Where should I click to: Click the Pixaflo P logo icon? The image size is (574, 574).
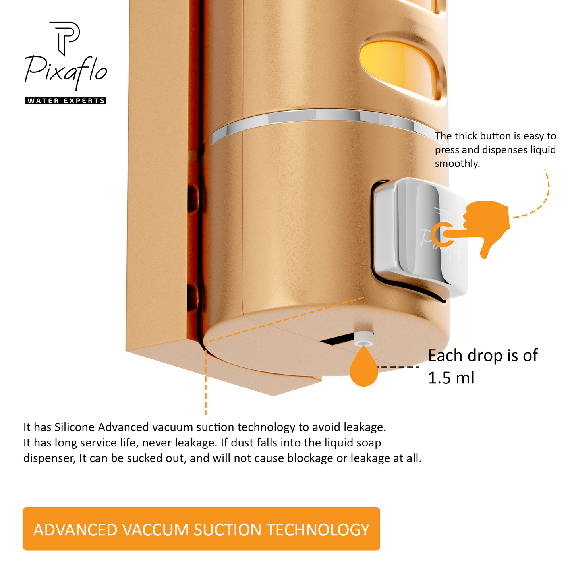coord(64,38)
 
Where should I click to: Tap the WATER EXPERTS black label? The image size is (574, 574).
coord(66,100)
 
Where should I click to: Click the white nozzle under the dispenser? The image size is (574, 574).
coord(363,339)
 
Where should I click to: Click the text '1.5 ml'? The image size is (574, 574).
coord(451,378)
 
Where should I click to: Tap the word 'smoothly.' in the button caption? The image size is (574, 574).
coord(457,164)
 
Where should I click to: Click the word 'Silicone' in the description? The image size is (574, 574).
coord(74,427)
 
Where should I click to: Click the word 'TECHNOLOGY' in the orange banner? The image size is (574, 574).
coord(318,530)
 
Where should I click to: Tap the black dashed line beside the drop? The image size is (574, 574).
coord(398,367)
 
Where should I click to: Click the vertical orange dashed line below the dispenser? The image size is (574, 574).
coord(205,378)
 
